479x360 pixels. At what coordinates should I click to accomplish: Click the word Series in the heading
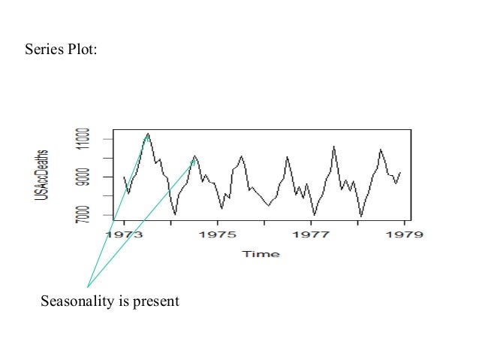click(x=43, y=50)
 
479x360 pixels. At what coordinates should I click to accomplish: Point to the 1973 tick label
click(x=123, y=234)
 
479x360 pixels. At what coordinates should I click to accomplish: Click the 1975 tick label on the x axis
click(x=218, y=234)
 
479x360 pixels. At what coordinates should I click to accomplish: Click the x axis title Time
click(x=261, y=254)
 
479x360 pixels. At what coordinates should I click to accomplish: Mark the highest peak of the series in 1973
click(x=148, y=133)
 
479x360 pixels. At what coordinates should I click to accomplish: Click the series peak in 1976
click(x=288, y=156)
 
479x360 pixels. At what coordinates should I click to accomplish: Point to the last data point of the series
click(x=400, y=172)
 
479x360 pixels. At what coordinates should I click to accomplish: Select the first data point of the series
click(x=124, y=177)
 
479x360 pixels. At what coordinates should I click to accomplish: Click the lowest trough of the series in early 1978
click(x=361, y=216)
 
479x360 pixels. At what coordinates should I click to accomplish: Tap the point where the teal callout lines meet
click(x=88, y=286)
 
